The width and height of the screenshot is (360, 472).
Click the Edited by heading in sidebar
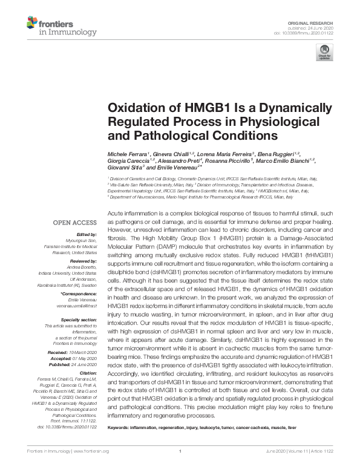[x=88, y=234]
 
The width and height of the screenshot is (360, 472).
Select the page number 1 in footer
[x=180, y=468]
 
